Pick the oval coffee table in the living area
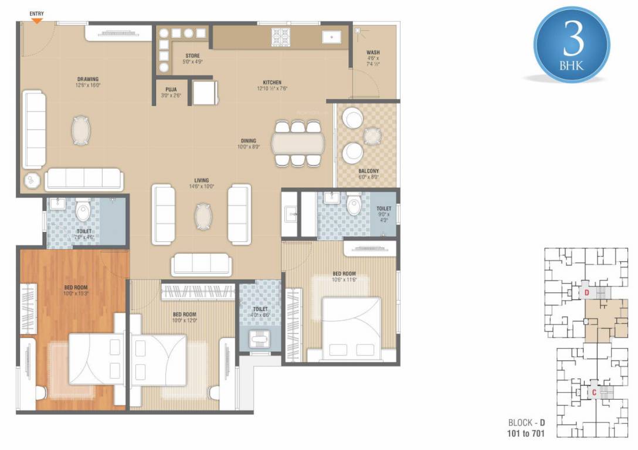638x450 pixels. (x=202, y=216)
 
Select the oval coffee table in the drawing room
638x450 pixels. (x=82, y=130)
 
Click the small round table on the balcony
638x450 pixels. (x=372, y=136)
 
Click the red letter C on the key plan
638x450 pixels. (x=593, y=393)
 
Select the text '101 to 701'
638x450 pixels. (x=529, y=434)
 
